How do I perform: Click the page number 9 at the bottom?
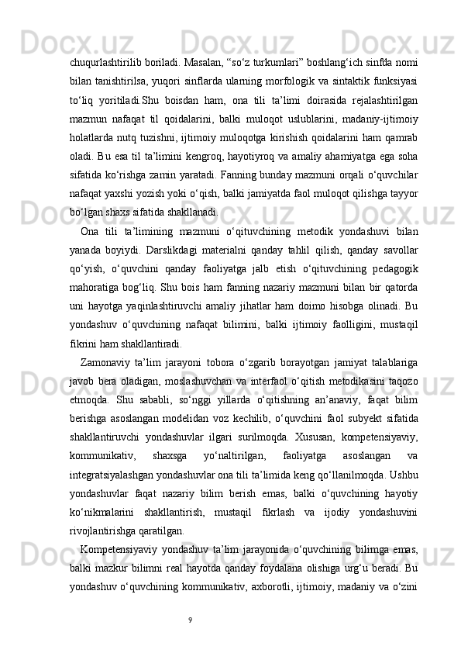(190, 620)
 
